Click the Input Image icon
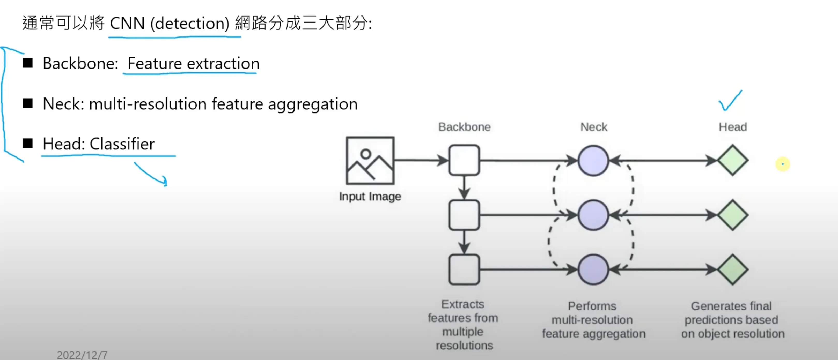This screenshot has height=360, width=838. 370,160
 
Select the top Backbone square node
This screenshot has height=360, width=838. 464,160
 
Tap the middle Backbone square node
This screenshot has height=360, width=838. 464,215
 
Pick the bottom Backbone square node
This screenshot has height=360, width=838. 464,269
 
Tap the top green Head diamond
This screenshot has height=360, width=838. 733,160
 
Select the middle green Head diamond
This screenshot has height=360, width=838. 733,215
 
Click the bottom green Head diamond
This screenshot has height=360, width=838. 733,269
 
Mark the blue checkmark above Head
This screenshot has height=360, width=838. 730,101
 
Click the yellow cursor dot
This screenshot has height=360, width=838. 782,164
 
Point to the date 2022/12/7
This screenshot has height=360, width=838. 82,355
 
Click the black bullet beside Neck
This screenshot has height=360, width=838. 28,104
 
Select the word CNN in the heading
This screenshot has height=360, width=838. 127,24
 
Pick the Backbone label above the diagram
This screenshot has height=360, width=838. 464,127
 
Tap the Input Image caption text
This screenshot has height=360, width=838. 370,197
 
